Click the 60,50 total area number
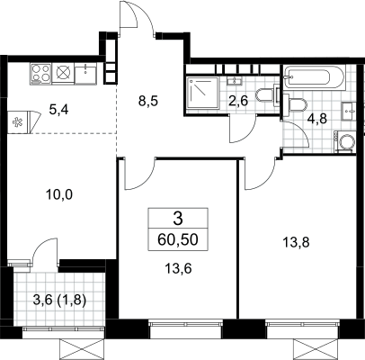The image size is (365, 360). click(178, 239)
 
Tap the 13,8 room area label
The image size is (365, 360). click(296, 241)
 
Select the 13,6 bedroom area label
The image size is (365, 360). click(178, 268)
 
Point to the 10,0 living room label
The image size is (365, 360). click(59, 195)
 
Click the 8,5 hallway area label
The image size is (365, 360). click(147, 101)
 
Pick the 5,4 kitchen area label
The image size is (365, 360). click(58, 110)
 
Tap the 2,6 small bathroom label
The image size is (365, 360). click(238, 101)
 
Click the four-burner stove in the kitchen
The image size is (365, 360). click(40, 74)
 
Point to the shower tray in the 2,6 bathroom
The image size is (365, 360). click(202, 94)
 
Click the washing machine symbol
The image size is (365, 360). click(345, 142)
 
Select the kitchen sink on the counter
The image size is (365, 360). click(85, 74)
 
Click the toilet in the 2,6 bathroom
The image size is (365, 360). click(267, 95)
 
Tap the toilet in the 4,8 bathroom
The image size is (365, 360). click(296, 105)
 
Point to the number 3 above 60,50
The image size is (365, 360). click(178, 219)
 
